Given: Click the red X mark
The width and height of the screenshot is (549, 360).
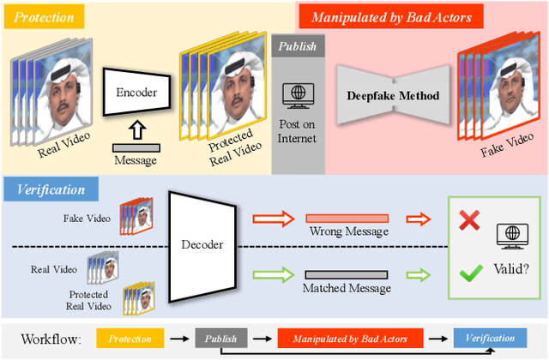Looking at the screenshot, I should pos(468,220).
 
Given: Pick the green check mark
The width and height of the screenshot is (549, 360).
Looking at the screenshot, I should pos(468,274).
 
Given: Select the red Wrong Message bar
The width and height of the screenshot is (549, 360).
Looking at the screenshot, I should pos(347,219).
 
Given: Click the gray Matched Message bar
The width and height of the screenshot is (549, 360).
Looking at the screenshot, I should pos(347,275).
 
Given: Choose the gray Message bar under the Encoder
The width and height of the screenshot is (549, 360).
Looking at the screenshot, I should pos(135,148).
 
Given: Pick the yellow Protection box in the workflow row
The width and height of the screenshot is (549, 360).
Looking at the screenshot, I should pos(130,338).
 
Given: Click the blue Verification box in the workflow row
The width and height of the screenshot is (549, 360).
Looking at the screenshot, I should pos(488,338).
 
